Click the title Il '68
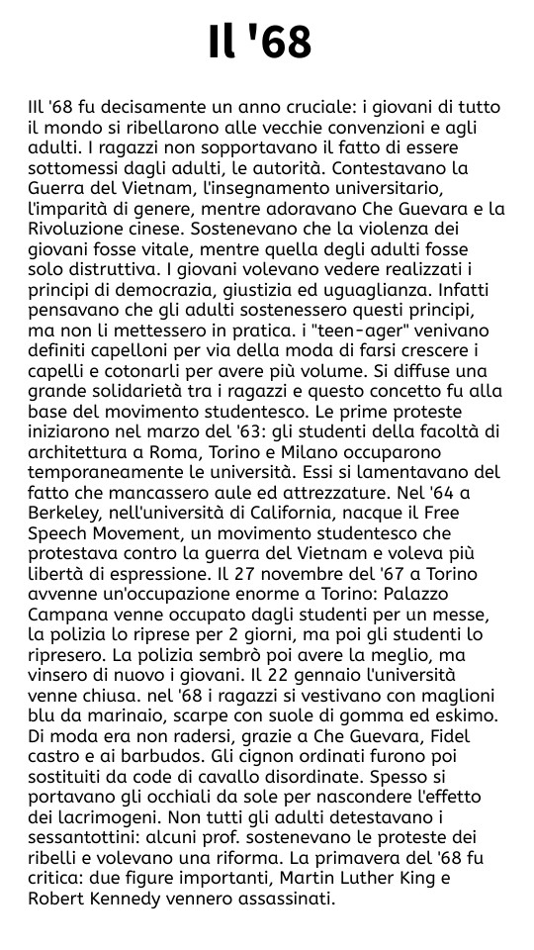260,43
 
